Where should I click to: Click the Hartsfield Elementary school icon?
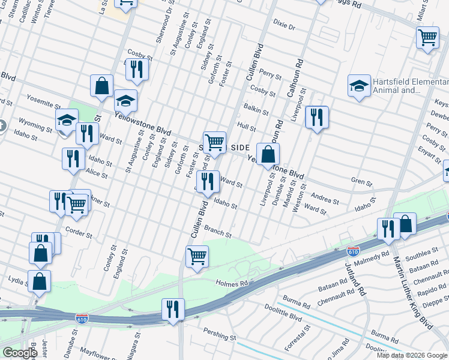point(358,86)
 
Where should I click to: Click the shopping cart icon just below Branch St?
point(197,257)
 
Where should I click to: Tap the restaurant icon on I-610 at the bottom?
point(172,310)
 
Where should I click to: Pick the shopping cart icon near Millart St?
point(427,37)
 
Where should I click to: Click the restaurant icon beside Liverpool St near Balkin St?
point(316,116)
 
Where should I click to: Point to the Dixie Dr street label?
point(285,27)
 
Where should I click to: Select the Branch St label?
point(218,232)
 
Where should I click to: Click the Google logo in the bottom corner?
point(19,352)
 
